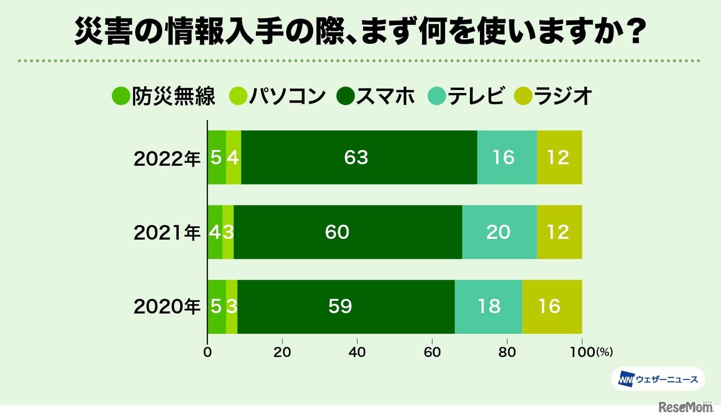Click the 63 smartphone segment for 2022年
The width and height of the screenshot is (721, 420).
[359, 158]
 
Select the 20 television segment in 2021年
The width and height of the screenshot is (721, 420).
[499, 232]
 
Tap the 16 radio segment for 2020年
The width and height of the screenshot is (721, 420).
[551, 307]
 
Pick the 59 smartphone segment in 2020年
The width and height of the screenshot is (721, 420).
[345, 307]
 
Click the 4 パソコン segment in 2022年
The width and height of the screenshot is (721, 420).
[233, 158]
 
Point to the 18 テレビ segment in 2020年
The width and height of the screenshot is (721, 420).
[488, 307]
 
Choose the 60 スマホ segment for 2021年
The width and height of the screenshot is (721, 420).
[348, 232]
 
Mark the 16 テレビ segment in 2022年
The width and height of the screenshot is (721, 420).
[506, 158]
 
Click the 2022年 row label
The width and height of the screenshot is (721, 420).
[167, 159]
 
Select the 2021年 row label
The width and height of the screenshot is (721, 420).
[167, 233]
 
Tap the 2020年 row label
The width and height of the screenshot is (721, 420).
[167, 307]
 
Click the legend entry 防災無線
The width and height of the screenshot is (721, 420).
[164, 96]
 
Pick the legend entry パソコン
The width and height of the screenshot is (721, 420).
[278, 96]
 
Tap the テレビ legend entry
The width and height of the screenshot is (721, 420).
[466, 96]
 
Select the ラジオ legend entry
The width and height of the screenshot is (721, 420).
[554, 96]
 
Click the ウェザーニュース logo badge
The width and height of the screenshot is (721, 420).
[657, 379]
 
